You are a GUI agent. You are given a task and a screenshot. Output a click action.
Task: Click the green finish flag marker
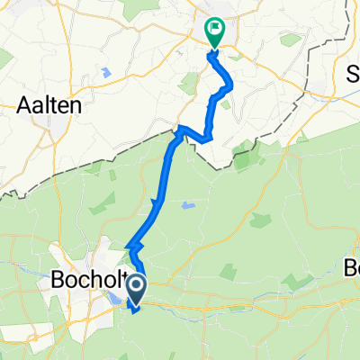tap(215, 32)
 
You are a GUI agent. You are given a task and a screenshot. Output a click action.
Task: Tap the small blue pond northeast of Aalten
tap(106, 71)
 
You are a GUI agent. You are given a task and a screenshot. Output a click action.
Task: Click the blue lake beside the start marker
tap(116, 292)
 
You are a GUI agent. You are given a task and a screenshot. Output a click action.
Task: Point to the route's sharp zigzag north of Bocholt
tap(134, 242)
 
